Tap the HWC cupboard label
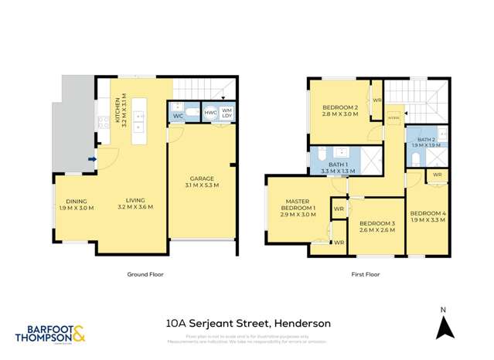point(210,113)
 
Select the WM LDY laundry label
point(227,113)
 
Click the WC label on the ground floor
point(177,116)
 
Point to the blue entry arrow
point(92,160)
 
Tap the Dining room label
point(75,204)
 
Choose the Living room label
point(135,204)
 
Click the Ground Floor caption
point(144,273)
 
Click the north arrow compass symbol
point(443,328)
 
